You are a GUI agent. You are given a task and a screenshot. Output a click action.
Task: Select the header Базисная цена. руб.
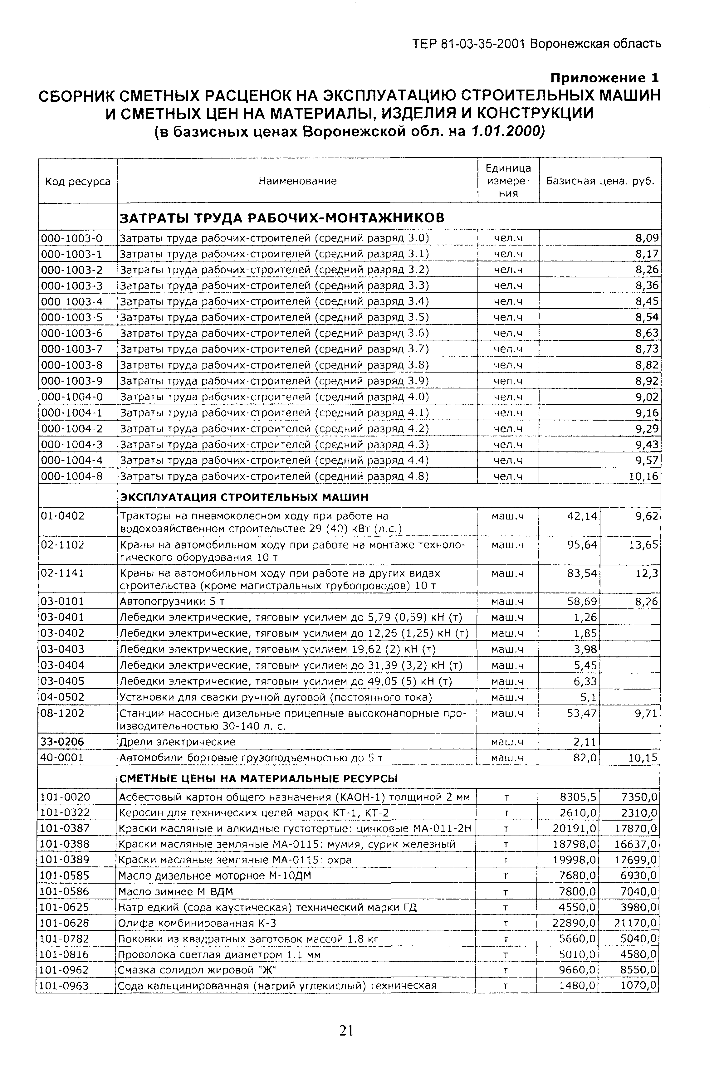(x=600, y=181)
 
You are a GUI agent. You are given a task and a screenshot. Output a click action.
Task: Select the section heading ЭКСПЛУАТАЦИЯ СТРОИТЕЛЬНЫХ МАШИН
(x=244, y=497)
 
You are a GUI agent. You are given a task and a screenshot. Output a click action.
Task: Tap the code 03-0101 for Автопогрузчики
(x=62, y=601)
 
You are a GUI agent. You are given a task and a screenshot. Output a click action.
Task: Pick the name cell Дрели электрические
(x=178, y=742)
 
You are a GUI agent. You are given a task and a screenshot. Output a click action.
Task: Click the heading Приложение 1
(x=604, y=78)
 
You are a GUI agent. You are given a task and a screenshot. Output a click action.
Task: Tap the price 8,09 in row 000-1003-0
(x=647, y=238)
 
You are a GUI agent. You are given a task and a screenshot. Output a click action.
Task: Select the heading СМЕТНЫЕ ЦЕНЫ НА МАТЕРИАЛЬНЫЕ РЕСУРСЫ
(x=259, y=779)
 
